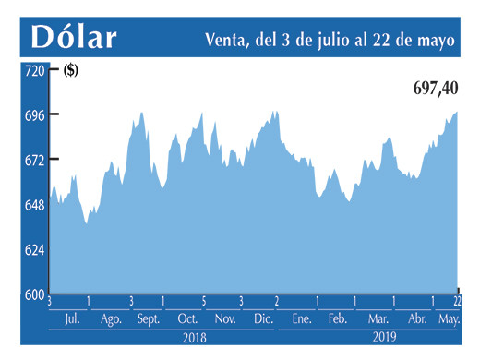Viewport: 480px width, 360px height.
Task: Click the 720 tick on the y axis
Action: pos(34,71)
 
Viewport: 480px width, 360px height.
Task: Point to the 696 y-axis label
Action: pos(34,115)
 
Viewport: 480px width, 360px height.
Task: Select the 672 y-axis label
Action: pos(34,161)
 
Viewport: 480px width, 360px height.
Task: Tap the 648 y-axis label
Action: pos(34,205)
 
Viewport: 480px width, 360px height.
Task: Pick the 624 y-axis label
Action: pos(34,250)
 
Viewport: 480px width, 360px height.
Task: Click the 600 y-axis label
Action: pos(34,294)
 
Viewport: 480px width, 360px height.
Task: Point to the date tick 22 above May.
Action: pos(458,301)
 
